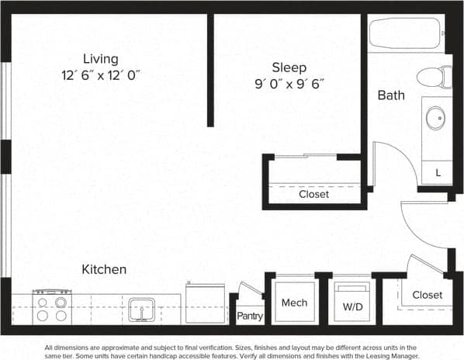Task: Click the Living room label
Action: click(x=101, y=59)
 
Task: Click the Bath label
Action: click(x=390, y=96)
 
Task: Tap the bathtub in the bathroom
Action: click(x=405, y=33)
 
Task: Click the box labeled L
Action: click(x=438, y=172)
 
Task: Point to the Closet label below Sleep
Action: click(x=313, y=194)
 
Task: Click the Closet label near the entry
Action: click(x=427, y=295)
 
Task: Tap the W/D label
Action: click(x=352, y=306)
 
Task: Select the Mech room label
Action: click(x=294, y=303)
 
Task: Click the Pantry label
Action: click(x=250, y=316)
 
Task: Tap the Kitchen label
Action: click(x=104, y=269)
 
